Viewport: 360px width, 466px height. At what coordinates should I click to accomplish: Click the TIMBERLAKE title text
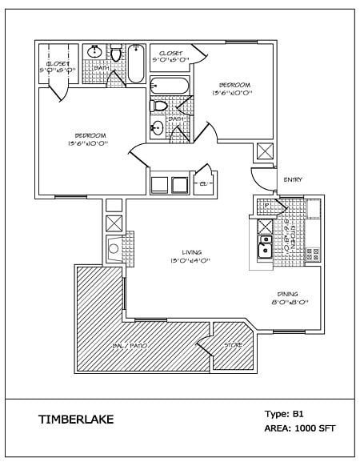[76, 419]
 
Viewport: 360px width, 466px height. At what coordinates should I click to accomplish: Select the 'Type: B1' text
[285, 414]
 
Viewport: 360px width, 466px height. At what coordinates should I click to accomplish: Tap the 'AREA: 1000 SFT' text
[299, 428]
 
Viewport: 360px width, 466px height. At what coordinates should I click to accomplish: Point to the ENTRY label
[292, 179]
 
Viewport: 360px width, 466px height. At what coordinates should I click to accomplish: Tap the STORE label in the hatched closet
[232, 345]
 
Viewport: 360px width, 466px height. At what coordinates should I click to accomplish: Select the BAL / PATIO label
[141, 345]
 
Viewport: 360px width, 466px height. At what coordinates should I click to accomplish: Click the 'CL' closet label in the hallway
[202, 183]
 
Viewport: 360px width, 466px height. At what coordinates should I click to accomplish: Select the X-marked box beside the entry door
[264, 152]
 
